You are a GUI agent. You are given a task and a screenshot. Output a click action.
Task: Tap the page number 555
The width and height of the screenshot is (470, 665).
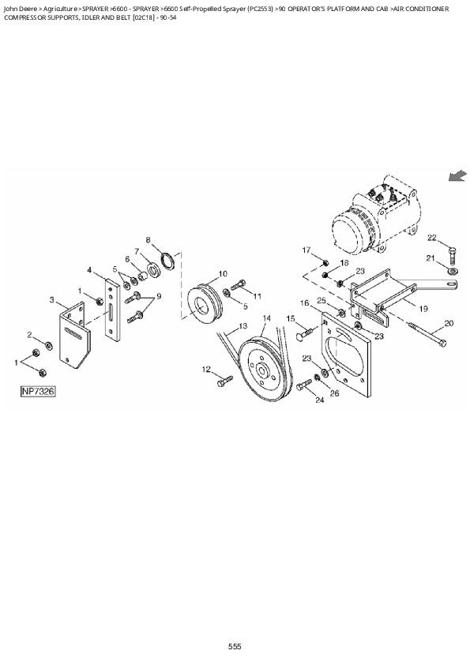click(235, 646)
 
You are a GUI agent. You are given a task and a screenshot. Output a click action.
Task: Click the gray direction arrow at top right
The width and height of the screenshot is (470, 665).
click(457, 176)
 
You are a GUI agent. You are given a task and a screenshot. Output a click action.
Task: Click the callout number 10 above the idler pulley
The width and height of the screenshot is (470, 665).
click(223, 273)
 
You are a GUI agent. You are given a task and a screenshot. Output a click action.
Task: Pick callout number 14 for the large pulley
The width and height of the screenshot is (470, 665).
click(266, 318)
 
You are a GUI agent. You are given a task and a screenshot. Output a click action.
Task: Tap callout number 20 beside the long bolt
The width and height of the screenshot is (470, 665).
click(449, 322)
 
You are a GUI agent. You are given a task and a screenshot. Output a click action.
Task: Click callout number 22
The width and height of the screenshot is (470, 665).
click(432, 238)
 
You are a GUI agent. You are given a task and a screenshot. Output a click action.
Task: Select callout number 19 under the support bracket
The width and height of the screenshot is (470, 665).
click(423, 309)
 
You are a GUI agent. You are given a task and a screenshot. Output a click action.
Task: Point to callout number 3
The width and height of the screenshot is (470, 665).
click(53, 300)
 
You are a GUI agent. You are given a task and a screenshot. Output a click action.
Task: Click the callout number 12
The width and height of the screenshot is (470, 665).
click(206, 369)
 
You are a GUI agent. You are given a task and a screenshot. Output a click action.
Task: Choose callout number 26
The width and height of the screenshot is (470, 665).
click(335, 393)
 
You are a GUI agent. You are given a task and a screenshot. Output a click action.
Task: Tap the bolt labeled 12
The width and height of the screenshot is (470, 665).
click(224, 381)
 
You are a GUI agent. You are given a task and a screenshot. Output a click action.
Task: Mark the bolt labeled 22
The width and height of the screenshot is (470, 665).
click(450, 254)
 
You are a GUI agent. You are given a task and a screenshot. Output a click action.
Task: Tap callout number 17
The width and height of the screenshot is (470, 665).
click(305, 250)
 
